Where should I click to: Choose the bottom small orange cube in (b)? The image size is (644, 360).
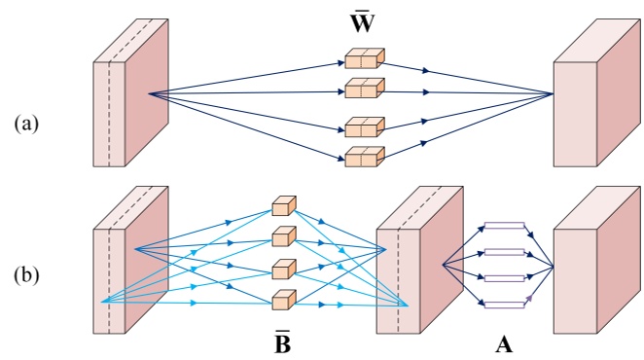(283, 300)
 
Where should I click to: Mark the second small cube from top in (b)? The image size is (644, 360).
(283, 236)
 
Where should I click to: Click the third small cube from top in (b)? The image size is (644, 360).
(283, 270)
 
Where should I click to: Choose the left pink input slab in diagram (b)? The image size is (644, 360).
(130, 267)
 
